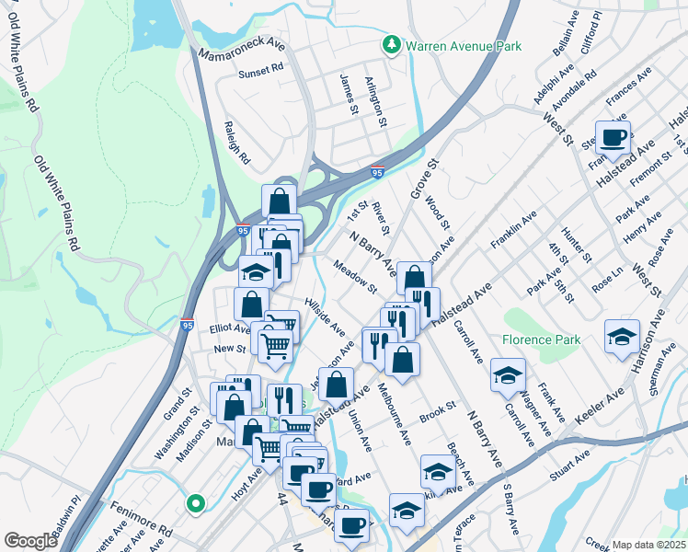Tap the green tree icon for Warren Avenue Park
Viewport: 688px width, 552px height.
click(391, 45)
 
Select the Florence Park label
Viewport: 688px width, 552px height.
click(542, 339)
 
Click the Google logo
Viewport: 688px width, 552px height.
click(31, 541)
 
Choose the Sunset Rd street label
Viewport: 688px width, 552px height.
click(261, 72)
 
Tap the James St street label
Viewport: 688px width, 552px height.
click(349, 96)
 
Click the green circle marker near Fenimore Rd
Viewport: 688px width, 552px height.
click(194, 503)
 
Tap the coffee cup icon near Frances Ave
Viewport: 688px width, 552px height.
click(613, 138)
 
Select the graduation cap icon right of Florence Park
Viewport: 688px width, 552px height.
click(623, 337)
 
